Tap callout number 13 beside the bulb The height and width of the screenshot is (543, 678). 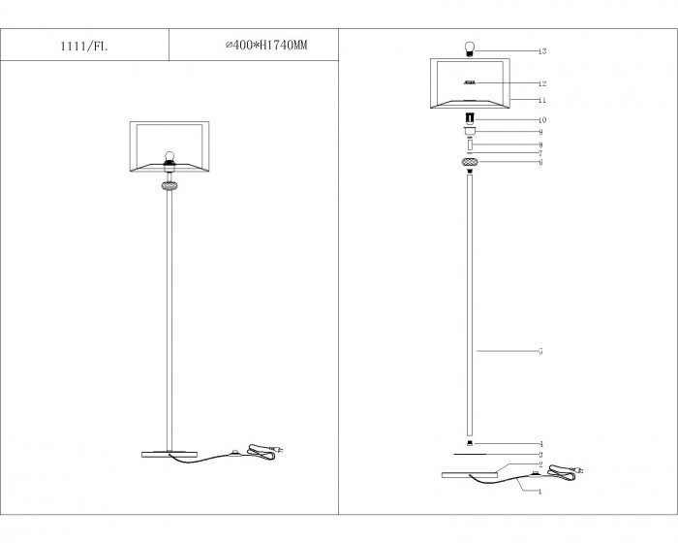pos(542,50)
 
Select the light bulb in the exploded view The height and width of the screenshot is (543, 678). pos(470,48)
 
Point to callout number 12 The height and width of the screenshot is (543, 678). pos(542,83)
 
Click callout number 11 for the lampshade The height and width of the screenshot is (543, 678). pos(542,99)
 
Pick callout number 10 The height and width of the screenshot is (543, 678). pos(542,119)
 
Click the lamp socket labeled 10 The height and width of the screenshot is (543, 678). pos(470,119)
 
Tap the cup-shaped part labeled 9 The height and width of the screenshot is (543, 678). pos(470,132)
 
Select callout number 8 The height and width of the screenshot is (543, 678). pos(540,144)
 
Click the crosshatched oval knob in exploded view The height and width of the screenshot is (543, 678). pos(470,162)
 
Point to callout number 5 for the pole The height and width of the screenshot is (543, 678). pos(540,351)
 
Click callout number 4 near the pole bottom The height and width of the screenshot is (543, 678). pos(540,444)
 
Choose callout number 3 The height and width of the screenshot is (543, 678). pos(540,454)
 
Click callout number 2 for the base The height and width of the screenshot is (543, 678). pos(540,464)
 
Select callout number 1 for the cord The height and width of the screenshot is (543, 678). pos(540,491)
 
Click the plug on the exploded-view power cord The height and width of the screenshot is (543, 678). pos(577,472)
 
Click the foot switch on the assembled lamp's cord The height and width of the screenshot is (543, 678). pos(234,453)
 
